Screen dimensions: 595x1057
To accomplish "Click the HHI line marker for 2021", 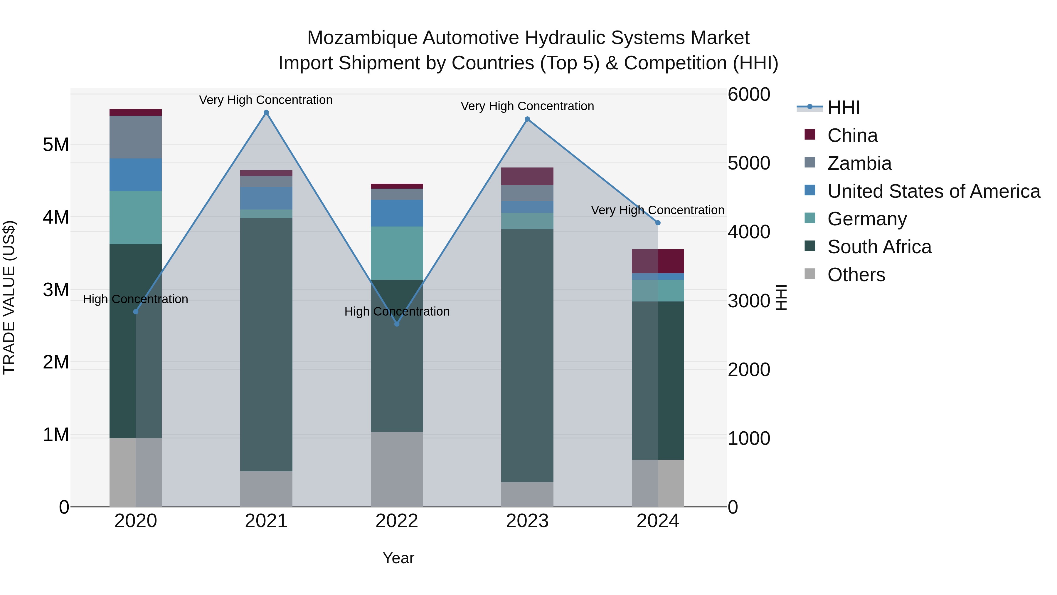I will [266, 113].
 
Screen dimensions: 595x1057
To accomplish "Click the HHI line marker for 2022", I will [397, 324].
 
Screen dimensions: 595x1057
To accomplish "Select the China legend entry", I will [852, 135].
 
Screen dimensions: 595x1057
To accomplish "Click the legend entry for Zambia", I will [859, 163].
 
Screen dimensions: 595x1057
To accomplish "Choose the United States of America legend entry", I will [933, 191].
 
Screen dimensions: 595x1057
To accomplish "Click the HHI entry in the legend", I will [843, 108].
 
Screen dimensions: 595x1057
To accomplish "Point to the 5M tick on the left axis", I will [56, 145].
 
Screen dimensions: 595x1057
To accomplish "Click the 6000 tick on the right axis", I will [749, 94].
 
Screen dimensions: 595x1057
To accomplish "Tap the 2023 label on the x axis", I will [527, 521].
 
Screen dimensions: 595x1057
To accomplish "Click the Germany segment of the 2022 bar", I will [397, 253].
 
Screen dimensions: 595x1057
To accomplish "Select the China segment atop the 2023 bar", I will [527, 176].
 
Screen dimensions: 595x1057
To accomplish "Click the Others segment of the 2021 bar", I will [266, 489].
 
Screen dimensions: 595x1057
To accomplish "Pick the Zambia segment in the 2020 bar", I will [135, 137].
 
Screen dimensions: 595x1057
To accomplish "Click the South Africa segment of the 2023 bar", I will [527, 355].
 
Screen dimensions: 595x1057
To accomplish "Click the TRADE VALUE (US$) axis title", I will [9, 297].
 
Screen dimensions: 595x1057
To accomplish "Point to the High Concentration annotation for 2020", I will [135, 299].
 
